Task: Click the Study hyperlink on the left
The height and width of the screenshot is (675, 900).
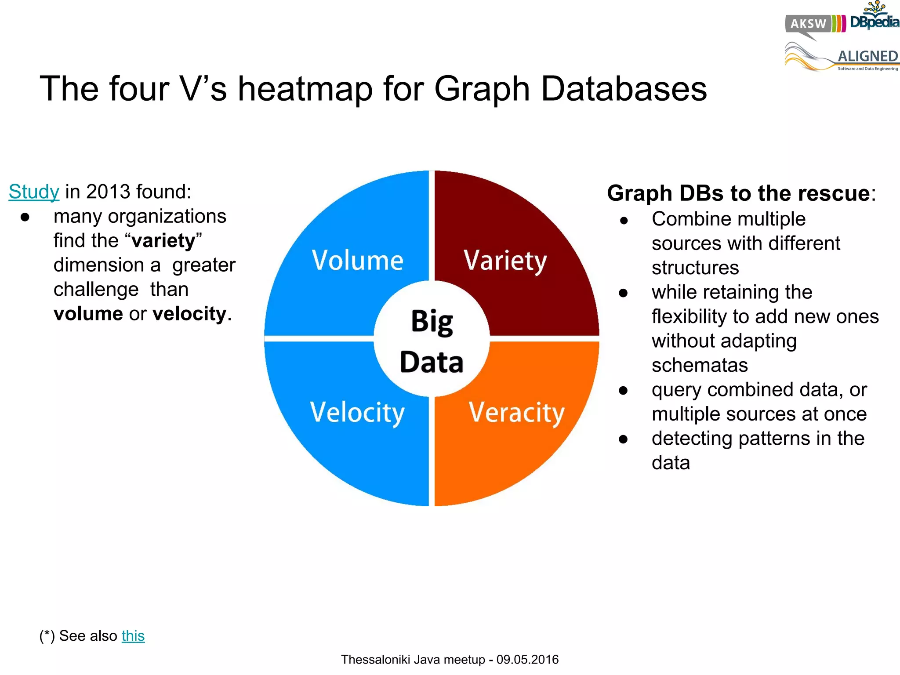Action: [34, 192]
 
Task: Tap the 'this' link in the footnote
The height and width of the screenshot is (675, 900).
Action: [133, 636]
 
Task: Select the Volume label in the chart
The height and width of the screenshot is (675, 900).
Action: [357, 260]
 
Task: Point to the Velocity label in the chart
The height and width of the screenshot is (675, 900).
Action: [357, 413]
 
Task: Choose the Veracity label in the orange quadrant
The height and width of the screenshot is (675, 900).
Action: [516, 413]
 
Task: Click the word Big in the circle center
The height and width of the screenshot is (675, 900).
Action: [432, 322]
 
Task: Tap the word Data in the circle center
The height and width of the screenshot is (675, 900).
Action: [432, 363]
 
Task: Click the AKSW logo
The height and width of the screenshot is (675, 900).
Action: [809, 24]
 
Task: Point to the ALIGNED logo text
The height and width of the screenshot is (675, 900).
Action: [867, 56]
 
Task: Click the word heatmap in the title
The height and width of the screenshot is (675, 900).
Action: [305, 89]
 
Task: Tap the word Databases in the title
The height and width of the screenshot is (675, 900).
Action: [624, 89]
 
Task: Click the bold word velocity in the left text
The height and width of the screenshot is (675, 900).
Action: [189, 314]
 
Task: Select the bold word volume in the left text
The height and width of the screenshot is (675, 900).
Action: [88, 314]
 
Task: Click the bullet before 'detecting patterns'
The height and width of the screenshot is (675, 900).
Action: [623, 439]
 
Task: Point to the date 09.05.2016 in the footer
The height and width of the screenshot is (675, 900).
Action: [527, 660]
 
